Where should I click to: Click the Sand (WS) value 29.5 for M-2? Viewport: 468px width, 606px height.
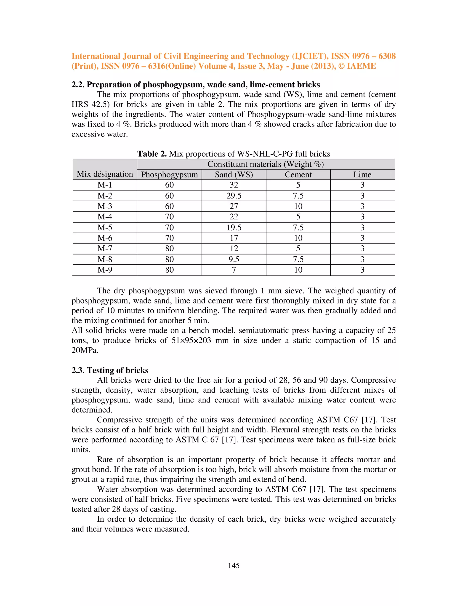point(234,196)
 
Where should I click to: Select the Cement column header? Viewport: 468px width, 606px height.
point(298,174)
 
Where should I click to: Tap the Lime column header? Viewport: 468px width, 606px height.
point(362,174)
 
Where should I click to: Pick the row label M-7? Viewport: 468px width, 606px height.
point(105,249)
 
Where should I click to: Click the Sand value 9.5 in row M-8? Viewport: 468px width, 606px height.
point(234,260)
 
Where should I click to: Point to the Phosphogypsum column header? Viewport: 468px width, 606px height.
point(169,174)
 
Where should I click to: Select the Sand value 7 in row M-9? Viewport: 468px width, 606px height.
point(234,270)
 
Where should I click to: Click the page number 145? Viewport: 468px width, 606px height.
point(234,566)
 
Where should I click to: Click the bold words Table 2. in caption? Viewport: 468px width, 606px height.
point(152,154)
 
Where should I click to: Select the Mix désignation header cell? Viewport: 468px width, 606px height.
point(105,174)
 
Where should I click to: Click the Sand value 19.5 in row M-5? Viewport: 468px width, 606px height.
point(234,228)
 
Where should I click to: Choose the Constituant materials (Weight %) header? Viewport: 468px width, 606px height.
point(266,164)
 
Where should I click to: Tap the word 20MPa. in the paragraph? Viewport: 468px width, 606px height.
point(85,350)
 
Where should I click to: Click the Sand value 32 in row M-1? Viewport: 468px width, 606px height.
point(234,185)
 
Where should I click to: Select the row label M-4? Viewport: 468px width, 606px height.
point(105,217)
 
